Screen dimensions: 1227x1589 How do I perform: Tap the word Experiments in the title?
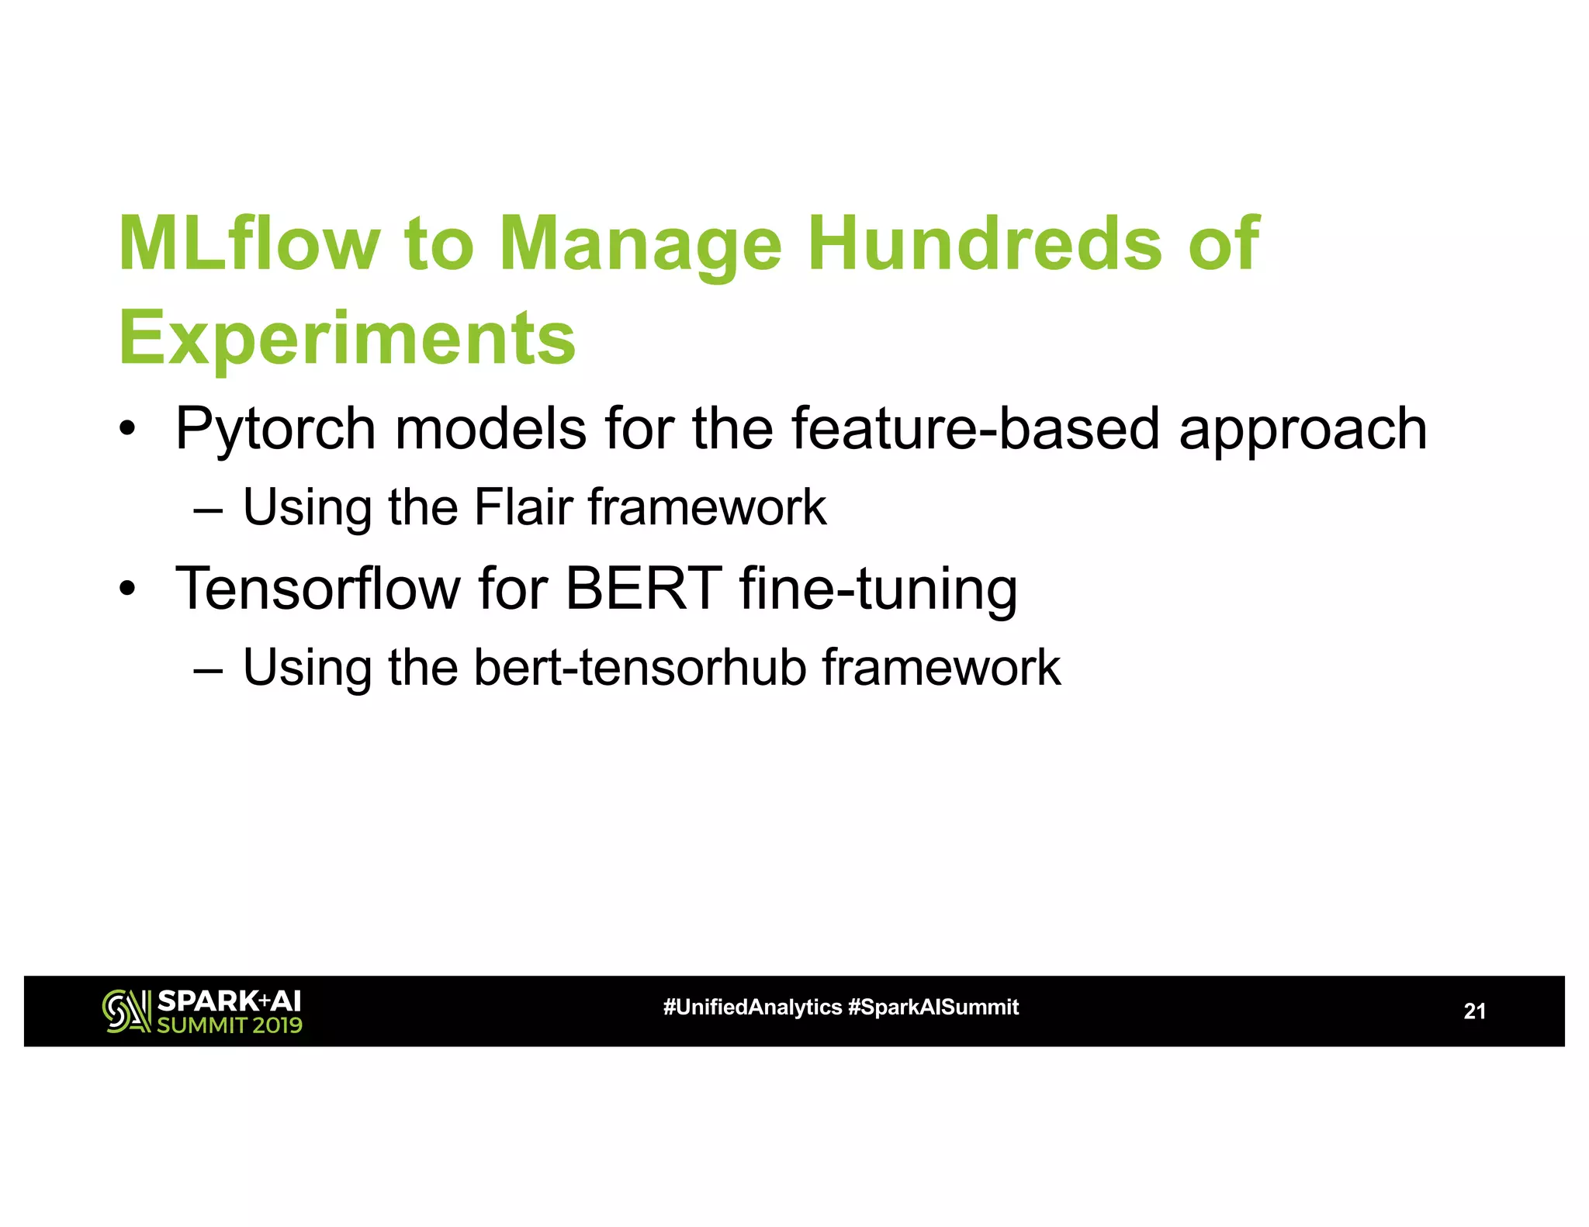[347, 338]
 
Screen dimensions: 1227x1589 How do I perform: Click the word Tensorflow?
[318, 589]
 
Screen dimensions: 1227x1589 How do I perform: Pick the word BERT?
[644, 589]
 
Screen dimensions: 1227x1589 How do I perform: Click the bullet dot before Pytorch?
[128, 429]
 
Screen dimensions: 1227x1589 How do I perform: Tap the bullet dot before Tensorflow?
[128, 589]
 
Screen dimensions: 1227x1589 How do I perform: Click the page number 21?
[1474, 1011]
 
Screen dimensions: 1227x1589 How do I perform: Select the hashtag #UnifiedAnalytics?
[752, 1008]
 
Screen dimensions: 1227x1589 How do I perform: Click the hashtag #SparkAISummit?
[933, 1008]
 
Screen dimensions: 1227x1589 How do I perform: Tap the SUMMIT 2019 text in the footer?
[230, 1025]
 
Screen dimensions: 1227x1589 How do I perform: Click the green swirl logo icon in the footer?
[126, 1011]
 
